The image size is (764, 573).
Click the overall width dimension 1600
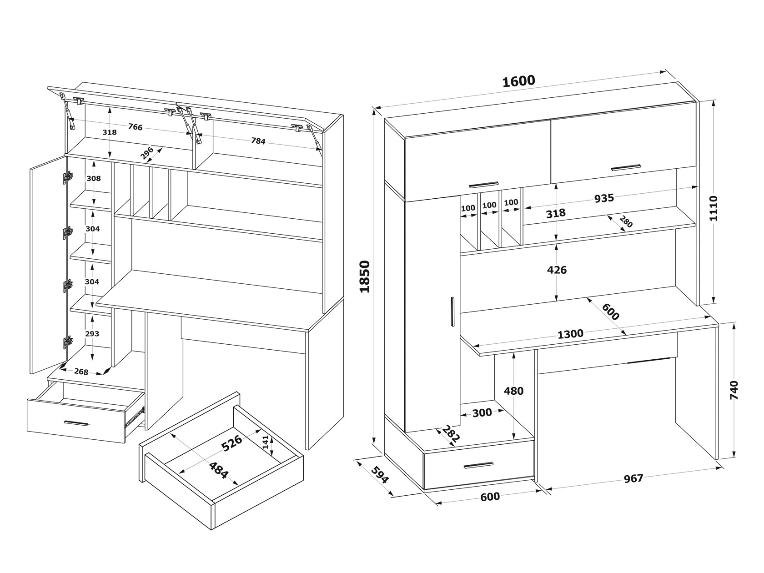click(x=518, y=81)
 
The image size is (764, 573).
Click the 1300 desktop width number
click(x=570, y=334)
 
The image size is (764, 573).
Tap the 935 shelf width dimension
click(x=604, y=198)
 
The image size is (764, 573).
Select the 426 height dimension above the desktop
click(x=557, y=270)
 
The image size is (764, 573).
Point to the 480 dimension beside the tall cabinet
click(x=514, y=391)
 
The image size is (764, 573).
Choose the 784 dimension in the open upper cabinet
click(x=258, y=141)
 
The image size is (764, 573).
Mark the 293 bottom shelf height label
click(x=93, y=333)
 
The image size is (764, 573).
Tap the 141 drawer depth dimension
click(x=265, y=442)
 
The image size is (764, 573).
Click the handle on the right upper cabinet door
click(x=626, y=167)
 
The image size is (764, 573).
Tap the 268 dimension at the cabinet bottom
click(x=81, y=372)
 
